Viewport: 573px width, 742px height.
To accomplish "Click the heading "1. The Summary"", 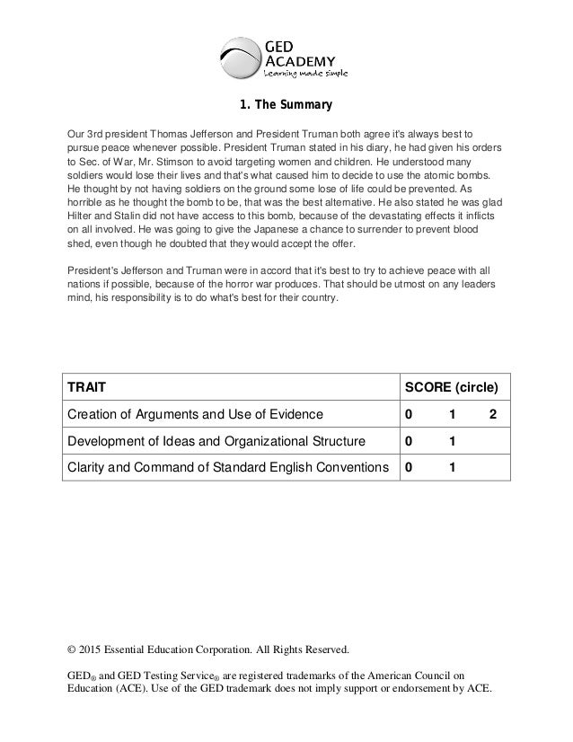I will [286, 106].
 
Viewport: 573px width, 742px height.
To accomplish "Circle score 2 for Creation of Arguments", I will [492, 414].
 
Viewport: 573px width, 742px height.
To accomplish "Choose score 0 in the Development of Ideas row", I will [410, 441].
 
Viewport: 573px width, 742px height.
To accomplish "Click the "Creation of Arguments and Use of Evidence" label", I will [192, 414].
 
